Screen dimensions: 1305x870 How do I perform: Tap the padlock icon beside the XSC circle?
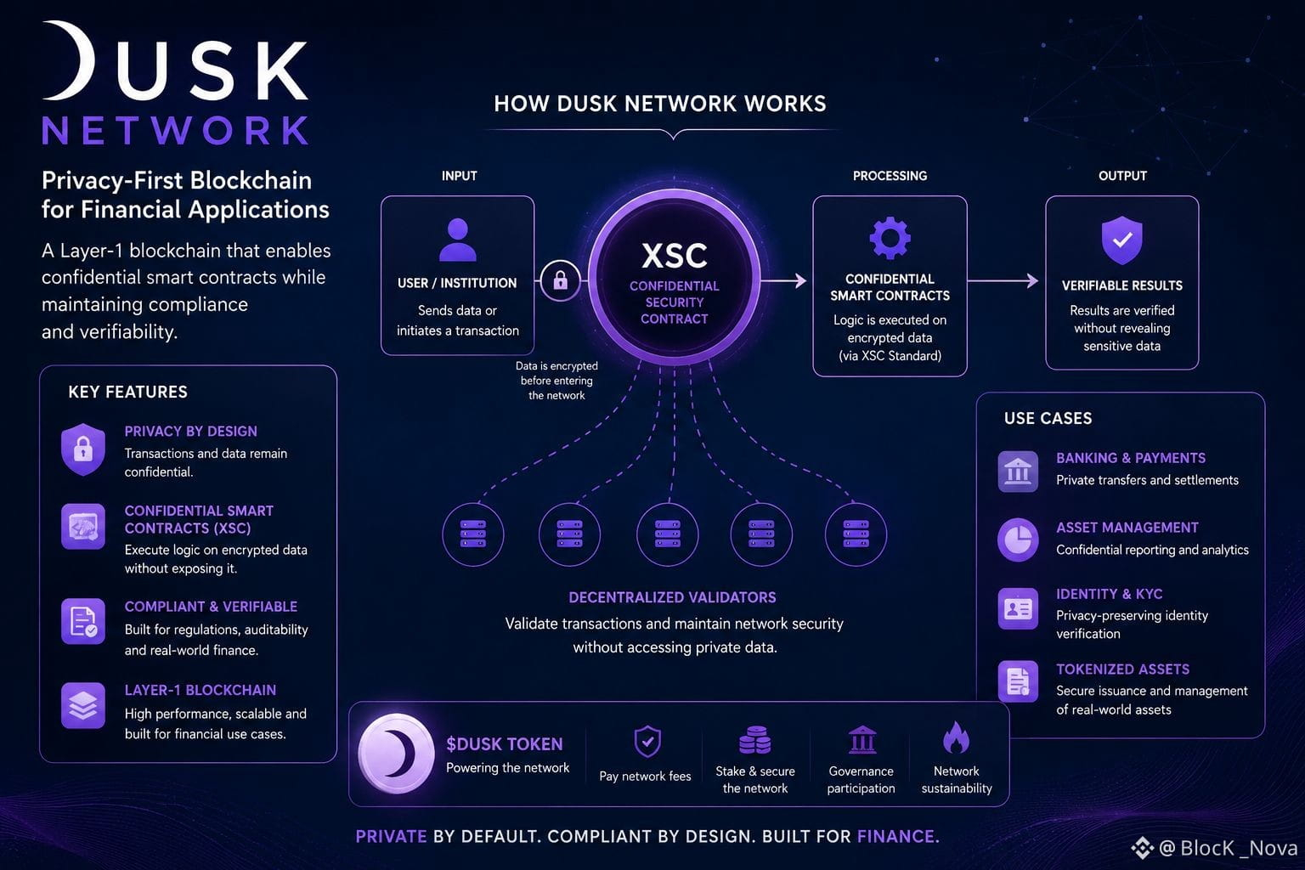(561, 280)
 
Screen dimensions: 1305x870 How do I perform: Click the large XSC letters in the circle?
(674, 256)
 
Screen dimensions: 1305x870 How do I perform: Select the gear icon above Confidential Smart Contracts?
(890, 238)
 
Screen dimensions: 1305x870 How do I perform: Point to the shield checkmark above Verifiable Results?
(1122, 240)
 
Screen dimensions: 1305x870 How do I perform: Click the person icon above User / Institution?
(458, 240)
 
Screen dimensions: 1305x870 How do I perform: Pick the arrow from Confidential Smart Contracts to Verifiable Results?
(1003, 281)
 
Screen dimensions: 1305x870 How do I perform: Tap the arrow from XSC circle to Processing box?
(783, 281)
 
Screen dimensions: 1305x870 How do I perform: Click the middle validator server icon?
(668, 534)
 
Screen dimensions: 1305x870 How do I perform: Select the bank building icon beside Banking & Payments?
(1018, 471)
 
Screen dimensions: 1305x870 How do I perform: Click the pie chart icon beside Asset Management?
(1018, 540)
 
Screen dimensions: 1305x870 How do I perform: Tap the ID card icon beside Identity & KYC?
(1018, 609)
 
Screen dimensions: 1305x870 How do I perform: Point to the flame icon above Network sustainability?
(956, 737)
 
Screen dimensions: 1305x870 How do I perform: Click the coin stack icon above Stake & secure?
(755, 739)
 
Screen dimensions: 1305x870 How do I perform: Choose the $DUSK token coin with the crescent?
(396, 754)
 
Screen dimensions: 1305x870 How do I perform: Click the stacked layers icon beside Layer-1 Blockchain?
(83, 706)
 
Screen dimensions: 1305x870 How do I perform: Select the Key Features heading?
(128, 393)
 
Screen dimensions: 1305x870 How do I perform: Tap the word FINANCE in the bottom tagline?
(898, 837)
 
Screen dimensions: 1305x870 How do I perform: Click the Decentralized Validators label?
(672, 597)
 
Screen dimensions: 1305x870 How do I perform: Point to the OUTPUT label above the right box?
(1122, 176)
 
